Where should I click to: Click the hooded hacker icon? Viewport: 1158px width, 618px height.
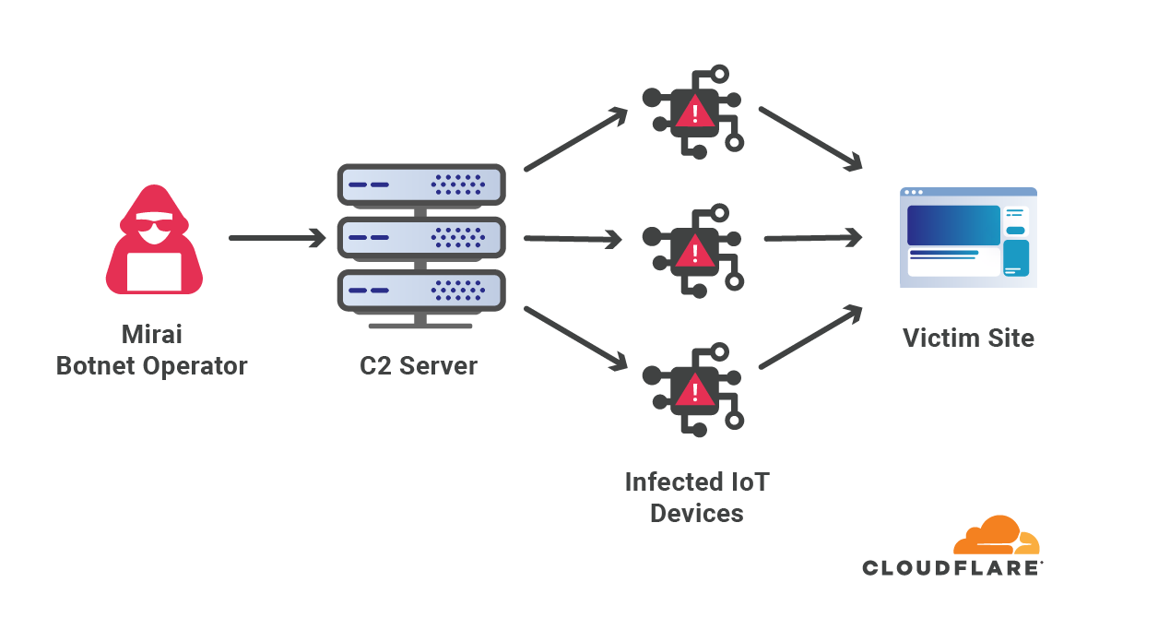coord(153,242)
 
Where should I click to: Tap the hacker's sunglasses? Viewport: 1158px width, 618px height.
coord(153,224)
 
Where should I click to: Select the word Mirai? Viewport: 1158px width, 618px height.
coord(152,334)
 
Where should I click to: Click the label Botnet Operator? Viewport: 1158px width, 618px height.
coord(152,366)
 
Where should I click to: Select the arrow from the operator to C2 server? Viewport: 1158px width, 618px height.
coord(278,238)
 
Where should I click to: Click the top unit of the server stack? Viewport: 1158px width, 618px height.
coord(421,185)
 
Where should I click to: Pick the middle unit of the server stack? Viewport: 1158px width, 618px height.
coord(421,238)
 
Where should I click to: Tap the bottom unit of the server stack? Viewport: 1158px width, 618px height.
coord(421,291)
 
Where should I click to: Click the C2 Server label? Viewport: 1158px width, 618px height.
coord(419,366)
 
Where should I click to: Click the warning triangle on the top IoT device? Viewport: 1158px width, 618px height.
coord(693,113)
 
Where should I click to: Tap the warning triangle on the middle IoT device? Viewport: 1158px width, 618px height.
coord(693,250)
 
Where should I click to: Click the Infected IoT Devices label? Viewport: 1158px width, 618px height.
coord(696,497)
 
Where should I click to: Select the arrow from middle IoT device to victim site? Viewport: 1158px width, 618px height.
coord(811,238)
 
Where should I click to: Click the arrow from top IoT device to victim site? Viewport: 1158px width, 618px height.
coord(809,138)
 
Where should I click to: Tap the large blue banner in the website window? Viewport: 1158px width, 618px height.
coord(953,225)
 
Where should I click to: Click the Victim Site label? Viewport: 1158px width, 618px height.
coord(968,338)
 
